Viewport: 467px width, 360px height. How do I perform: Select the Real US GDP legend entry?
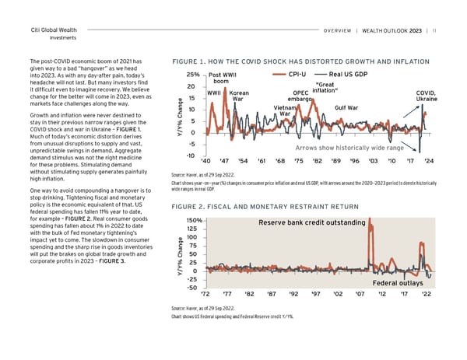point(357,75)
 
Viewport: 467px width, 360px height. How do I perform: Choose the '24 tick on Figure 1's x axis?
point(427,161)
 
